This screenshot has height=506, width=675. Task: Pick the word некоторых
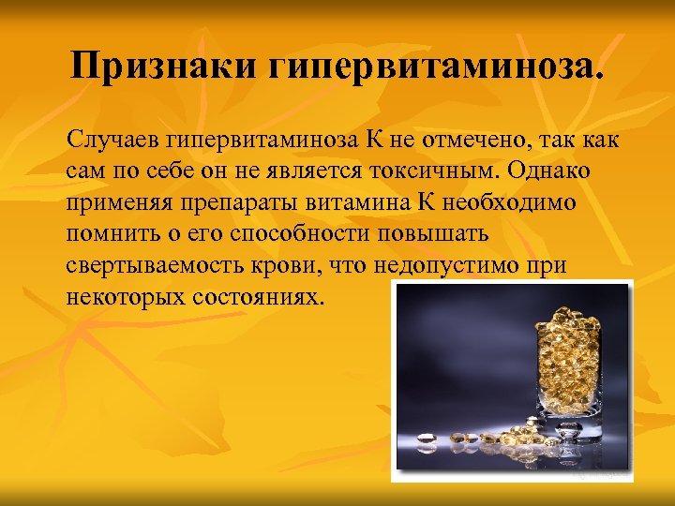pyautogui.click(x=122, y=297)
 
